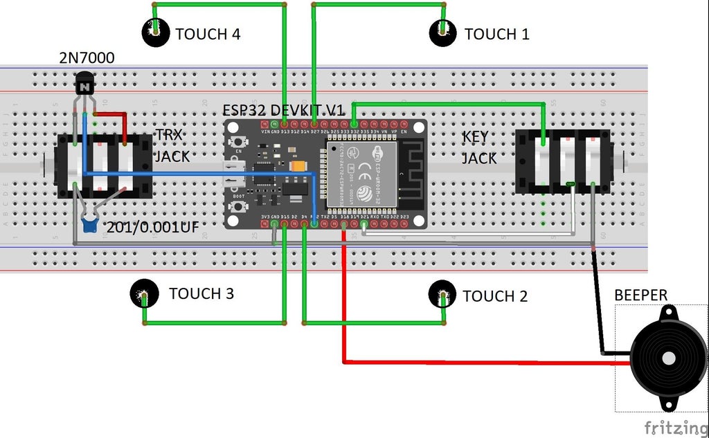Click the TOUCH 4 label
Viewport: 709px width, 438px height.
[x=208, y=34]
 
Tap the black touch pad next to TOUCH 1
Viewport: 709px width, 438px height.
[x=442, y=31]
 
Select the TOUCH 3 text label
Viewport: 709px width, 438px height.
[x=201, y=293]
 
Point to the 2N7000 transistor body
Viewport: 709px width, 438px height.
[x=84, y=86]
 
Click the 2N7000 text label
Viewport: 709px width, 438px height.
[x=87, y=58]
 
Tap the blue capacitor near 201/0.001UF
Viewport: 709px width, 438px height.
[x=89, y=223]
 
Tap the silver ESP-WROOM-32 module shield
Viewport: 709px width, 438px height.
[x=361, y=173]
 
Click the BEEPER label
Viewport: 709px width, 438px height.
[x=640, y=295]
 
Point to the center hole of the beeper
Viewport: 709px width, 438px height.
[x=669, y=358]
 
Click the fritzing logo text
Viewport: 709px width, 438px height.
[x=675, y=426]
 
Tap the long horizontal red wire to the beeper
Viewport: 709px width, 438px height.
[x=485, y=361]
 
